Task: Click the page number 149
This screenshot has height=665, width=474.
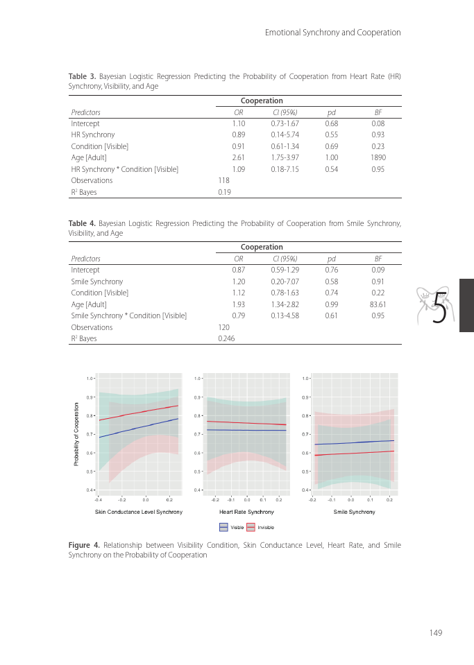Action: click(435, 632)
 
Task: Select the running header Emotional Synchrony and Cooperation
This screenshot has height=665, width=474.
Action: click(333, 33)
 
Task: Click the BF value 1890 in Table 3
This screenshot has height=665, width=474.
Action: click(378, 157)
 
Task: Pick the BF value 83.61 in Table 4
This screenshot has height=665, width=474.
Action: click(378, 304)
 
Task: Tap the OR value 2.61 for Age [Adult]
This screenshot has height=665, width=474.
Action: click(238, 157)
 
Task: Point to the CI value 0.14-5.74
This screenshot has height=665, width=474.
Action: click(285, 135)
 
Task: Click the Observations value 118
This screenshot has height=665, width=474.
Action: click(223, 180)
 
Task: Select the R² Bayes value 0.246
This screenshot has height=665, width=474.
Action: click(226, 338)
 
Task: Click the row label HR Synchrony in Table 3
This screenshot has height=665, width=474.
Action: click(93, 135)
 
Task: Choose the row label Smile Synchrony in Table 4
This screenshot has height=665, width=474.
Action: click(96, 282)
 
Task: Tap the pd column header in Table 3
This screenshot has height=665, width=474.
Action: click(331, 112)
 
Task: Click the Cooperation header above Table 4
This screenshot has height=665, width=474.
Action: click(262, 247)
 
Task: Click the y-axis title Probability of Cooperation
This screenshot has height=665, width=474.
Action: click(76, 434)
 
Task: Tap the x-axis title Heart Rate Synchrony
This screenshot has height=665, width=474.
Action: click(246, 512)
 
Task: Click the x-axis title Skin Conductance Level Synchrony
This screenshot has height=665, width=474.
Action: click(139, 512)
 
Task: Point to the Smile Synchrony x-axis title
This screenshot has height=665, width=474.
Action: click(354, 512)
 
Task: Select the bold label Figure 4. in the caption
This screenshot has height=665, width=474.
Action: click(82, 546)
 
